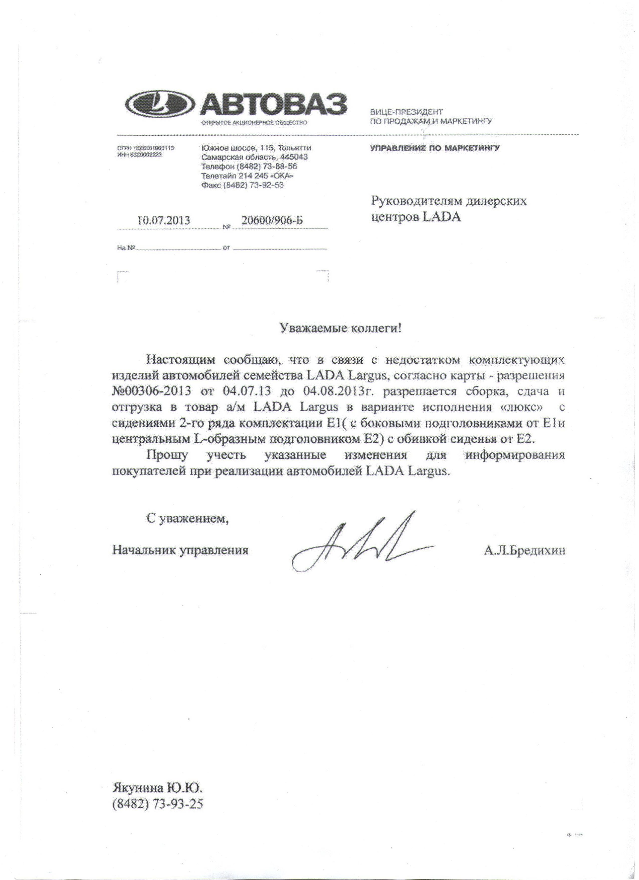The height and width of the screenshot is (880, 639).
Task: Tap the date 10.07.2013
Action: [164, 220]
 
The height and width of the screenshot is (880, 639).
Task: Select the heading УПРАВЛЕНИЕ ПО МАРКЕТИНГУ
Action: [435, 148]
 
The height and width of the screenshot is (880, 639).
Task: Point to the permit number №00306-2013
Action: [151, 391]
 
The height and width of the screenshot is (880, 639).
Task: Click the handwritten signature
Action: [361, 543]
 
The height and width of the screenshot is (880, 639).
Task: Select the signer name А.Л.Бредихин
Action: [524, 550]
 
